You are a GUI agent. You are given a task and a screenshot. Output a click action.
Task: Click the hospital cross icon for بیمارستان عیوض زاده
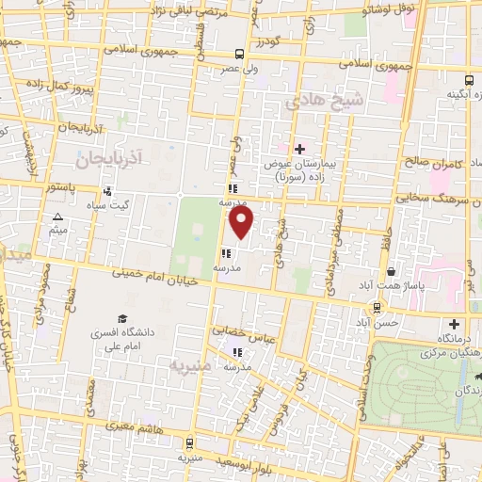coord(299,149)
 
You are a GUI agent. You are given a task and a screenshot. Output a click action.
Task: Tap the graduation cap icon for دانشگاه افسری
coord(121,319)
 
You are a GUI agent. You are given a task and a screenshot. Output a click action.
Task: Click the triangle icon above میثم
coord(58,217)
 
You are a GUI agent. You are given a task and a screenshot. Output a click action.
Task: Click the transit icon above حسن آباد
coord(378,307)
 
